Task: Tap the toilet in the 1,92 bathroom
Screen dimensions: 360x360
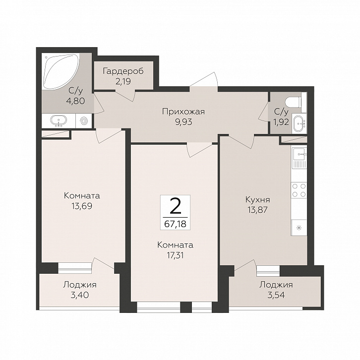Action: tap(296, 102)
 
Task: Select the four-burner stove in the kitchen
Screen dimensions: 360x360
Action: tap(299, 190)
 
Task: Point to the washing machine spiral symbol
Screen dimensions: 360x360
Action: tap(84, 121)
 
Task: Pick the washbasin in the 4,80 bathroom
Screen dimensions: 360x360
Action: tap(59, 121)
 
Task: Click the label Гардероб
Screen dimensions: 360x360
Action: tap(123, 71)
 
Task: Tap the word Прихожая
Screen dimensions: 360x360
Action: tap(183, 112)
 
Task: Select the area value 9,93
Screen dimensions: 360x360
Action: tap(183, 122)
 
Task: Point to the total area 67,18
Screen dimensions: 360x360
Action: tap(175, 224)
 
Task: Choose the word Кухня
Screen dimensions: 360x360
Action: tap(257, 200)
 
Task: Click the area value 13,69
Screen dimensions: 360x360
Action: tap(82, 206)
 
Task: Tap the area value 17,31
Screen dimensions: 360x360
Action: tap(175, 255)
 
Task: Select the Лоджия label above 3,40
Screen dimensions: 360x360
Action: tap(80, 285)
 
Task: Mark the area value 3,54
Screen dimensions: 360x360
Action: tap(276, 295)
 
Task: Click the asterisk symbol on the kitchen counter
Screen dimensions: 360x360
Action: tap(299, 228)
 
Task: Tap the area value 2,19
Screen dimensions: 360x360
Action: tap(123, 81)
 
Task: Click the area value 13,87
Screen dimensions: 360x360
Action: tap(257, 210)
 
